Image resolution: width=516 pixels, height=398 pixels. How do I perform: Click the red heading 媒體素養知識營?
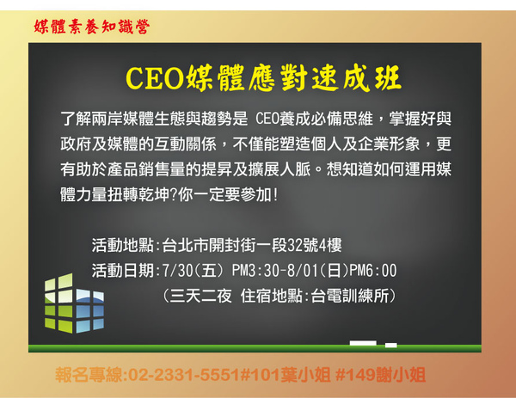(92, 27)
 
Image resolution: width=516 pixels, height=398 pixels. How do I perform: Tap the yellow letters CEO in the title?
(154, 78)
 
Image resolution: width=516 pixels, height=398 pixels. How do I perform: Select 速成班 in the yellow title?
(357, 78)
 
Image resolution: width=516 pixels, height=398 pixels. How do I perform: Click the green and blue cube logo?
(74, 303)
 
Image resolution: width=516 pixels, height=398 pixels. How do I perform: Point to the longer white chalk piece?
(363, 343)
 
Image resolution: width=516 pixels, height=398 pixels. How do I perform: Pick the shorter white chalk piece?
(391, 345)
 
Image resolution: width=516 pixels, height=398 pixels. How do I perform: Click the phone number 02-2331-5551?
(184, 375)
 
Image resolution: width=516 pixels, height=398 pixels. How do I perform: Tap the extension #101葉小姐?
(285, 375)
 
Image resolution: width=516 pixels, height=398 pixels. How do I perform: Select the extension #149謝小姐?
(380, 375)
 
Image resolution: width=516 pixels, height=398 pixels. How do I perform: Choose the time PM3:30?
(255, 271)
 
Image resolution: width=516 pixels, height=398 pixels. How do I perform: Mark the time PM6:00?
(373, 271)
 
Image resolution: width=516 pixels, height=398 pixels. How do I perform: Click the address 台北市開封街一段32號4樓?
(252, 245)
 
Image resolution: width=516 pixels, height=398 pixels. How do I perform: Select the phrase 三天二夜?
(200, 296)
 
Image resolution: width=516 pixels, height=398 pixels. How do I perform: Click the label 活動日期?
(123, 271)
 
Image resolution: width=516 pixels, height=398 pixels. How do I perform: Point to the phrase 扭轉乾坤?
(138, 195)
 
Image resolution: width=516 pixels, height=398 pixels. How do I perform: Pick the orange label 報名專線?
(89, 375)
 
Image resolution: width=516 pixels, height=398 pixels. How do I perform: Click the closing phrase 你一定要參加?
(229, 195)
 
